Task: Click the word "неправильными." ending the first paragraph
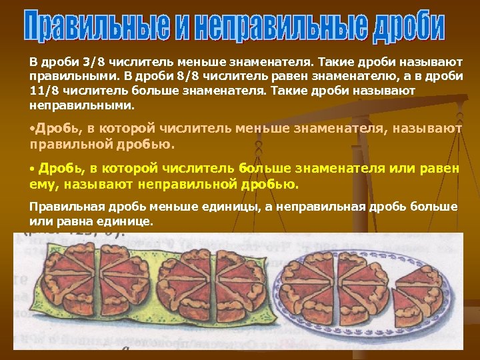(x=81, y=105)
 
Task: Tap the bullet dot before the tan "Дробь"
(x=32, y=126)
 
